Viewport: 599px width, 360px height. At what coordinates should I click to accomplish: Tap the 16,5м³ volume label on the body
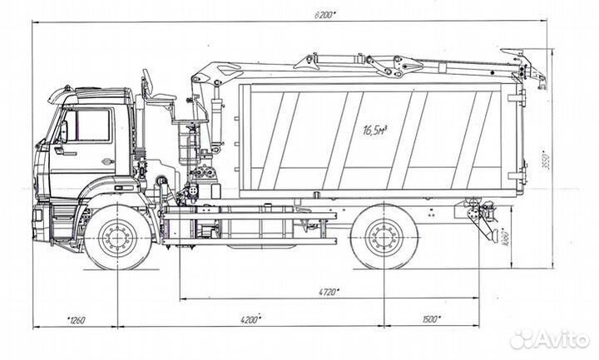tap(378, 130)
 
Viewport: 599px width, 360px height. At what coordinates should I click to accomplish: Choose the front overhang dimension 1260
tap(77, 319)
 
